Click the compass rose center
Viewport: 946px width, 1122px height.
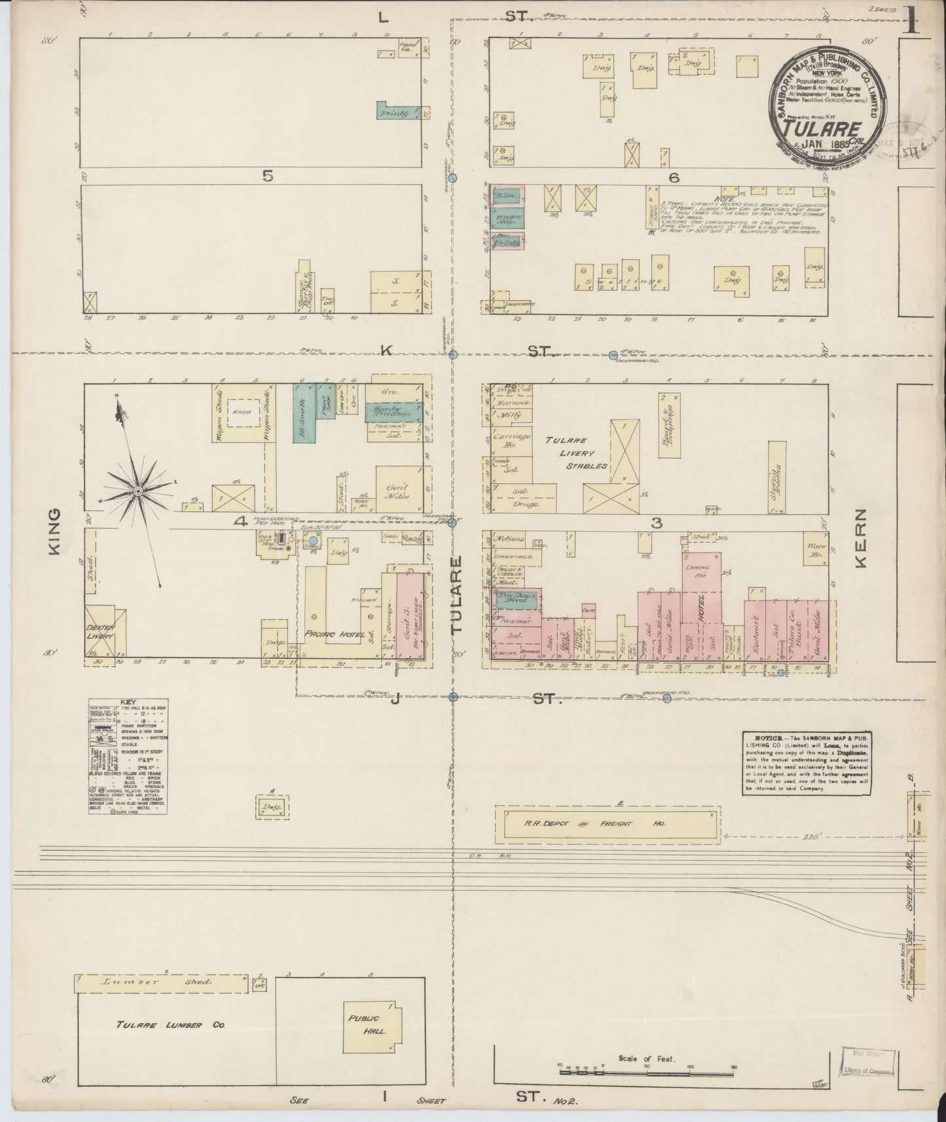pyautogui.click(x=139, y=490)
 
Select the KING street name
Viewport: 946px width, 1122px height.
pyautogui.click(x=53, y=532)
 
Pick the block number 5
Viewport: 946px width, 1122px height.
pyautogui.click(x=266, y=175)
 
